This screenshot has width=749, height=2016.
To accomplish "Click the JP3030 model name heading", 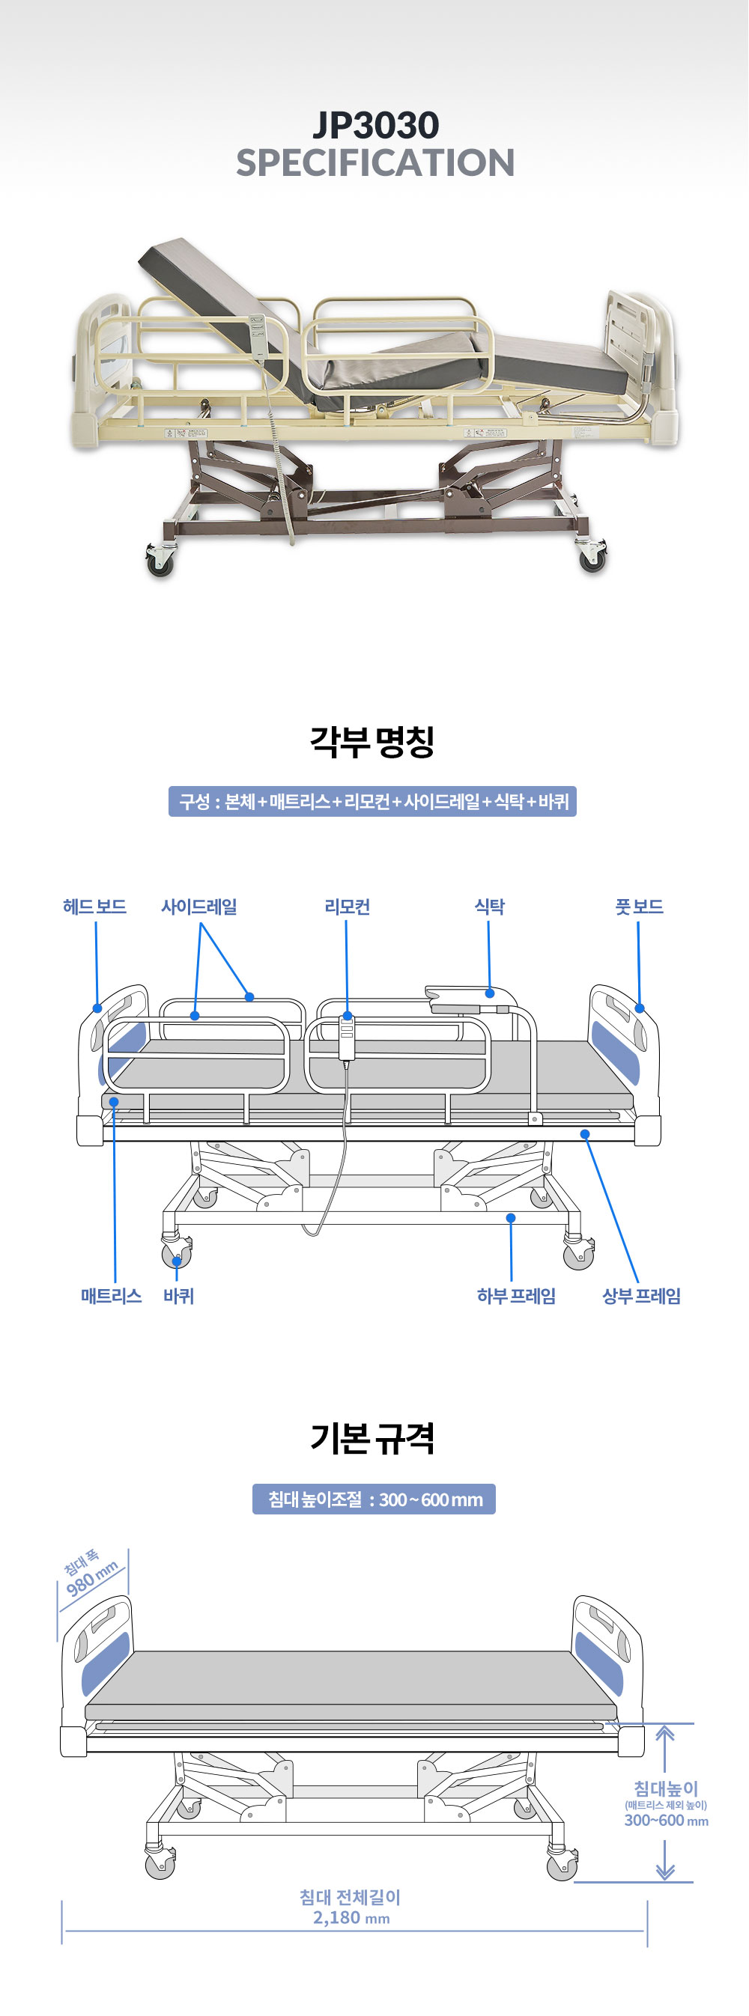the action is pyautogui.click(x=376, y=125).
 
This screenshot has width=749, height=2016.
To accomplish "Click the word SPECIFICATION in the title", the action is pyautogui.click(x=376, y=162).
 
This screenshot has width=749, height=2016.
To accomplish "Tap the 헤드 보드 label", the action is pyautogui.click(x=94, y=907).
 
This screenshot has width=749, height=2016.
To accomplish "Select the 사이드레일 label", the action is pyautogui.click(x=198, y=907).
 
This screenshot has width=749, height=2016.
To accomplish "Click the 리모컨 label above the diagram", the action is pyautogui.click(x=347, y=907).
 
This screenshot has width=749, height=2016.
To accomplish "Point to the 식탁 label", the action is pyautogui.click(x=489, y=907).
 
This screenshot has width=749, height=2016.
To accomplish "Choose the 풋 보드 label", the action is pyautogui.click(x=639, y=907).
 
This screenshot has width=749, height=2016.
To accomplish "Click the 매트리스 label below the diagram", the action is pyautogui.click(x=111, y=1296).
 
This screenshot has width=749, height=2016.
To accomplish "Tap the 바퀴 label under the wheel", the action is pyautogui.click(x=178, y=1296).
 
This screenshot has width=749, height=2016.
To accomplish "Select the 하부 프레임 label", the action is pyautogui.click(x=517, y=1296).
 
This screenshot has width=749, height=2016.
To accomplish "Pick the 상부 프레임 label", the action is pyautogui.click(x=641, y=1296).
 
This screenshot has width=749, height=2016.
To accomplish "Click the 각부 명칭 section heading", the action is pyautogui.click(x=372, y=741).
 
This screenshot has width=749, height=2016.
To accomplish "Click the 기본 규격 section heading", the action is pyautogui.click(x=372, y=1438).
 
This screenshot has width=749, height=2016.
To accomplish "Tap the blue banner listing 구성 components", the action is pyautogui.click(x=372, y=802).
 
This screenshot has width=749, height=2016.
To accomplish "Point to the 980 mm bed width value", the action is pyautogui.click(x=92, y=1578).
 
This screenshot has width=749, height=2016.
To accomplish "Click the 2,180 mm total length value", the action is pyautogui.click(x=351, y=1917).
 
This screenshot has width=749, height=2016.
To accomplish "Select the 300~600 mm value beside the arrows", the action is pyautogui.click(x=666, y=1821).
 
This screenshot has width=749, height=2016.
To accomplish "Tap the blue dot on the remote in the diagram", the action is pyautogui.click(x=348, y=1016).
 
